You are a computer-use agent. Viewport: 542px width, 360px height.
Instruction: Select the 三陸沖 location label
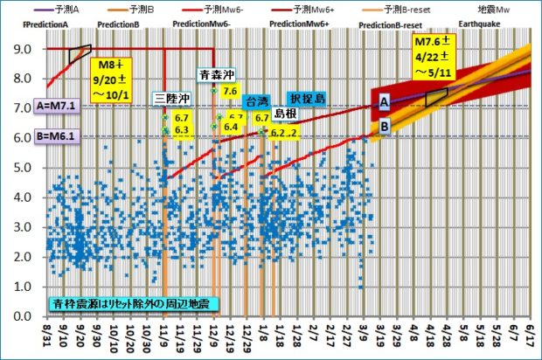click(169, 98)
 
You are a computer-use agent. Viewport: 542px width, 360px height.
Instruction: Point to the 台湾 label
click(254, 101)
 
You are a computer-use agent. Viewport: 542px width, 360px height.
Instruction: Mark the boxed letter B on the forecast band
click(383, 126)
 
